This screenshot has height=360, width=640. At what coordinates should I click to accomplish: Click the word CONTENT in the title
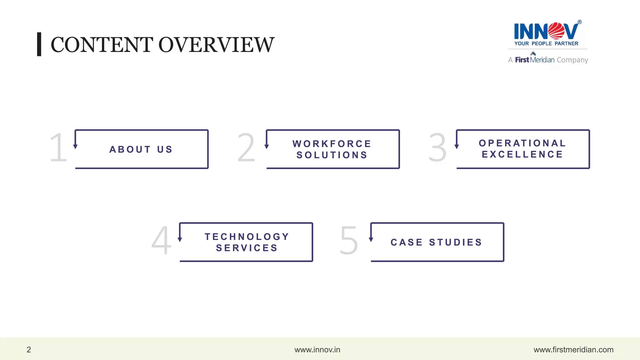[102, 45]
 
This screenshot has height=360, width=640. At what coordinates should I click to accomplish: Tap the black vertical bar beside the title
[39, 44]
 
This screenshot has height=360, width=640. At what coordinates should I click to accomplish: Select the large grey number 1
[59, 147]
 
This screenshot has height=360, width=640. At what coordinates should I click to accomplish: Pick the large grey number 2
[246, 147]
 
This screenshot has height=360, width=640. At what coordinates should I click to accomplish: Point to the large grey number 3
[437, 147]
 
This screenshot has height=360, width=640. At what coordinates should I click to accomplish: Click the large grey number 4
[162, 240]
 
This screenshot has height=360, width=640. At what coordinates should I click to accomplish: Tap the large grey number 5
[349, 240]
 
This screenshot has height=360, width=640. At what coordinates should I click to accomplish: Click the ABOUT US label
[141, 149]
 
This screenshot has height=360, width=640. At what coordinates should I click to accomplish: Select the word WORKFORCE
[332, 144]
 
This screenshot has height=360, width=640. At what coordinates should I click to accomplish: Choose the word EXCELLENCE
[522, 154]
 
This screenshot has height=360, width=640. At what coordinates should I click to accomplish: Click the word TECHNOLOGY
[247, 237]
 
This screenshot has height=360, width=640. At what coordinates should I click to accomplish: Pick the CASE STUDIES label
[437, 242]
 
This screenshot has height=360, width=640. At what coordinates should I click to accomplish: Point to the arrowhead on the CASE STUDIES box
[371, 239]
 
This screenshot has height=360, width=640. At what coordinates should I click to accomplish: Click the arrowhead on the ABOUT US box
[75, 146]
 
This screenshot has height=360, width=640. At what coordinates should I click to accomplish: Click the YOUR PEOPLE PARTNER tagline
[546, 44]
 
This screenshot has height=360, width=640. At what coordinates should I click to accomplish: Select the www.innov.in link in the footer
[317, 350]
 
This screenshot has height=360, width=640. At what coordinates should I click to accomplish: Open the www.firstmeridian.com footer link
[573, 350]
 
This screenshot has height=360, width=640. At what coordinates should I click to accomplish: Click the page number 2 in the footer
[29, 350]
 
